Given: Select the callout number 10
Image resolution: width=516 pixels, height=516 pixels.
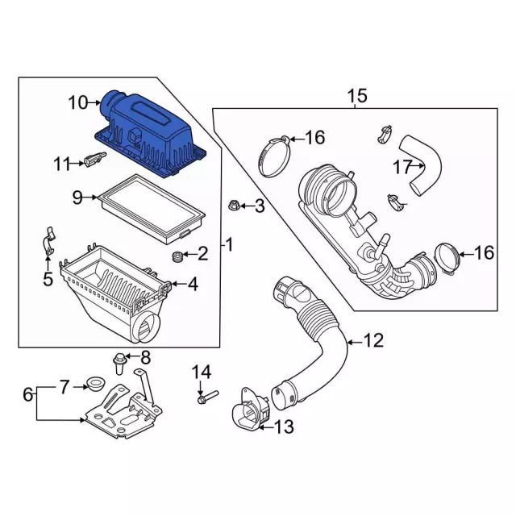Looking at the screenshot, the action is pyautogui.click(x=78, y=102).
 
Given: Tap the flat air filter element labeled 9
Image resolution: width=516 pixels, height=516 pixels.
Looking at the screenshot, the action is pyautogui.click(x=152, y=208).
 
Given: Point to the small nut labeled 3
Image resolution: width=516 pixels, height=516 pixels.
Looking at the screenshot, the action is pyautogui.click(x=234, y=206).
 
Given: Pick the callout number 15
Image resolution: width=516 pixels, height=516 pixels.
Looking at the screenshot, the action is pyautogui.click(x=357, y=96).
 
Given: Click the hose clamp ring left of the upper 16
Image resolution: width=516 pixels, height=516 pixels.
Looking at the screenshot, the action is pyautogui.click(x=274, y=156).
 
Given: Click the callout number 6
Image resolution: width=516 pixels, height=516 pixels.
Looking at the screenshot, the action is pyautogui.click(x=28, y=394).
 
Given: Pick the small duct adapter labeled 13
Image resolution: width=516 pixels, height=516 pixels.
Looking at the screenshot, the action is pyautogui.click(x=250, y=410).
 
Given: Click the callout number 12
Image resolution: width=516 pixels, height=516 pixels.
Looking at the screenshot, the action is pyautogui.click(x=373, y=340).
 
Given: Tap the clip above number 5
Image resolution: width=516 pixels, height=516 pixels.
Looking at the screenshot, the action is pyautogui.click(x=48, y=240).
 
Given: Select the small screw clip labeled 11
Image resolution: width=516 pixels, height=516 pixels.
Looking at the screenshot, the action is pyautogui.click(x=95, y=160).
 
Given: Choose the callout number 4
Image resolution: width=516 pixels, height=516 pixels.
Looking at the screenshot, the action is pyautogui.click(x=193, y=284).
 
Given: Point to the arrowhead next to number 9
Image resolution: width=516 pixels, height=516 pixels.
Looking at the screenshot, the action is pyautogui.click(x=95, y=198).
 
